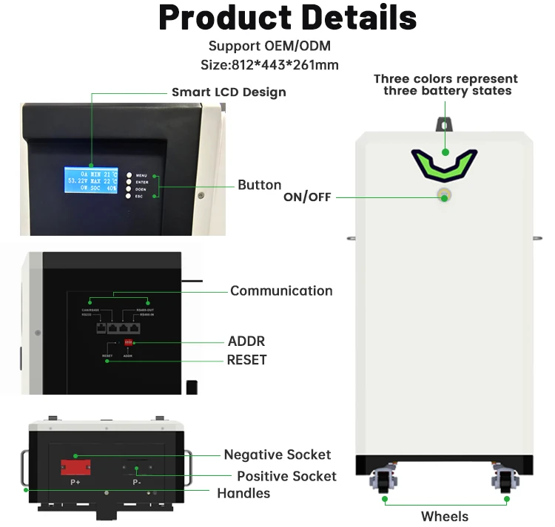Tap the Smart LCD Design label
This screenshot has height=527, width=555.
point(229,92)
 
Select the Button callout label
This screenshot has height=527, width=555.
point(259,185)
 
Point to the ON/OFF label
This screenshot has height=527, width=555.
point(307,197)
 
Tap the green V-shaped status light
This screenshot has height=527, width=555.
point(444,163)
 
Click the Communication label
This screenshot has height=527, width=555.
point(281,290)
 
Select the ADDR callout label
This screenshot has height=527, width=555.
point(246,341)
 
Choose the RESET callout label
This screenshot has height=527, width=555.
point(246,360)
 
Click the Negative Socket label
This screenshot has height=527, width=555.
point(277,455)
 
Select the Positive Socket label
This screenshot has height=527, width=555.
point(286,476)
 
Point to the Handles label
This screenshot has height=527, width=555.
point(243,493)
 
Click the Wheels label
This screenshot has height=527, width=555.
point(445,516)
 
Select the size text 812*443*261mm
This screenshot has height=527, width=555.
point(269,65)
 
